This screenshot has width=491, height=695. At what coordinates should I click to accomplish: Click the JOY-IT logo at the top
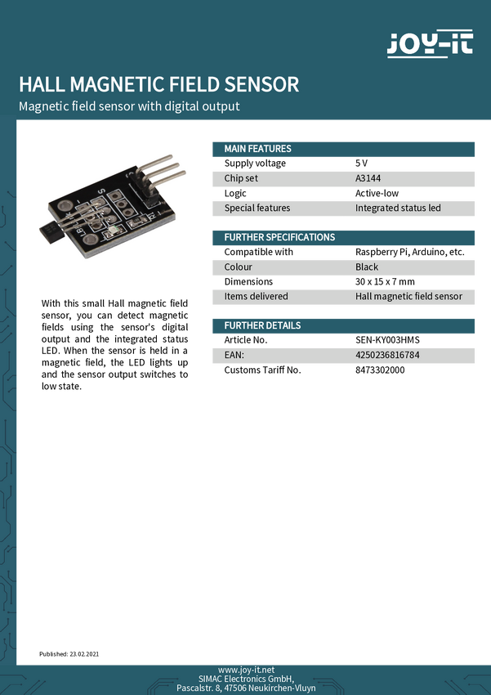429,43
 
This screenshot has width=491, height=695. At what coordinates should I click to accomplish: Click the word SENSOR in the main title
266,84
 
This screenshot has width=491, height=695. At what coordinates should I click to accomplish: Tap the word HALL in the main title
42,84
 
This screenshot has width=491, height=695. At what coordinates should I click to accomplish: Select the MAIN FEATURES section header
257,149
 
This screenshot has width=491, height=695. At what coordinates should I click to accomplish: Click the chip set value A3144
368,178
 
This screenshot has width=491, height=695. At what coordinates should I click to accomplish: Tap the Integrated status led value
398,208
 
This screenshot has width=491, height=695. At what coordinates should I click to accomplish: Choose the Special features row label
257,208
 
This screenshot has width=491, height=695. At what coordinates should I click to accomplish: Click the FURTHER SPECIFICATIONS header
279,237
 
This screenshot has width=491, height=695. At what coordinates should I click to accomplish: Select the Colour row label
239,267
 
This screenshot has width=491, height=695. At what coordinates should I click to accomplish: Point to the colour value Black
367,267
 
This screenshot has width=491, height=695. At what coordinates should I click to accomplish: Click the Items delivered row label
257,296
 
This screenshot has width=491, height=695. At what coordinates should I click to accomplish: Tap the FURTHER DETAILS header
262,325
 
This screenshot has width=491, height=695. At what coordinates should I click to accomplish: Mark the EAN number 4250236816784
388,355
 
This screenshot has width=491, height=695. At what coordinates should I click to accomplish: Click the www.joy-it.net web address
246,670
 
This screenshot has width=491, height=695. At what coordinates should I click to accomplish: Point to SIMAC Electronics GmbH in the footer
246,679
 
